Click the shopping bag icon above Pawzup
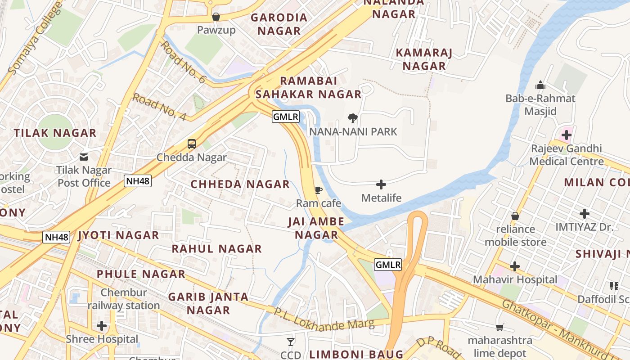216,17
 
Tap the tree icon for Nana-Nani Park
353,118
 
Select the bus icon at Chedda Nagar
192,144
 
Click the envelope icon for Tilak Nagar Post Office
84,157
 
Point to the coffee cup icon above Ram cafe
318,190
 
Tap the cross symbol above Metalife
381,184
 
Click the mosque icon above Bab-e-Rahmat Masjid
540,85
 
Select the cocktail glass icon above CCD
291,342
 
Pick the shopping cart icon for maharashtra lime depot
499,327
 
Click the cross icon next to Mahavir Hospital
514,266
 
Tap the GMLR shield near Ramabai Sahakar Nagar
286,117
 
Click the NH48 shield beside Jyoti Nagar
56,237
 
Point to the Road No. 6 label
183,62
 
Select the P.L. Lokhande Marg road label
324,319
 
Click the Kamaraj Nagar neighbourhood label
424,59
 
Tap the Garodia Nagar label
279,24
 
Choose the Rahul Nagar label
216,249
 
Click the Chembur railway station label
123,299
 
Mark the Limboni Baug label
355,354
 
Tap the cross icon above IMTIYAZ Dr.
584,214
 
